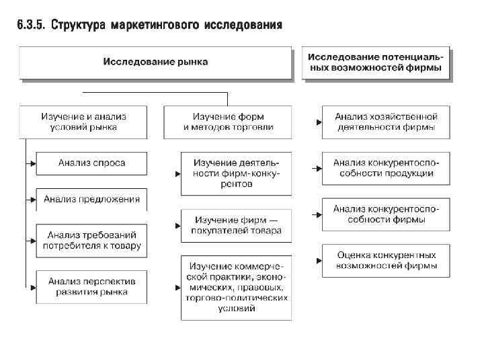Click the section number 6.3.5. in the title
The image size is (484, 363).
point(30,26)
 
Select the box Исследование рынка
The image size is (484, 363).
point(155,62)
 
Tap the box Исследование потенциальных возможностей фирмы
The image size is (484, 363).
point(375,62)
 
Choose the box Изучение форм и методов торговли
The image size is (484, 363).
point(228,122)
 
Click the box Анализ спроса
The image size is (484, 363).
point(92,163)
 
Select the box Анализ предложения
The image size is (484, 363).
point(92,199)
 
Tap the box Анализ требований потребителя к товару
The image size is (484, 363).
point(92,240)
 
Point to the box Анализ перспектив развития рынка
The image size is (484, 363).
point(92,286)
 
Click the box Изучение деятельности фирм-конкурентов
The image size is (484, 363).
point(236,173)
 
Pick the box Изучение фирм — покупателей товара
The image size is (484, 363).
point(236,226)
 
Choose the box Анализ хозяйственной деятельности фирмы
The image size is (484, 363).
point(385,122)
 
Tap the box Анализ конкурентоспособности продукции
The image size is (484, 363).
point(385,167)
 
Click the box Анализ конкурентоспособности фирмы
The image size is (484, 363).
point(385,214)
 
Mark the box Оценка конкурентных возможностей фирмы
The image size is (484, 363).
point(385,260)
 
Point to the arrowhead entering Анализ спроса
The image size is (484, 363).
point(32,163)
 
